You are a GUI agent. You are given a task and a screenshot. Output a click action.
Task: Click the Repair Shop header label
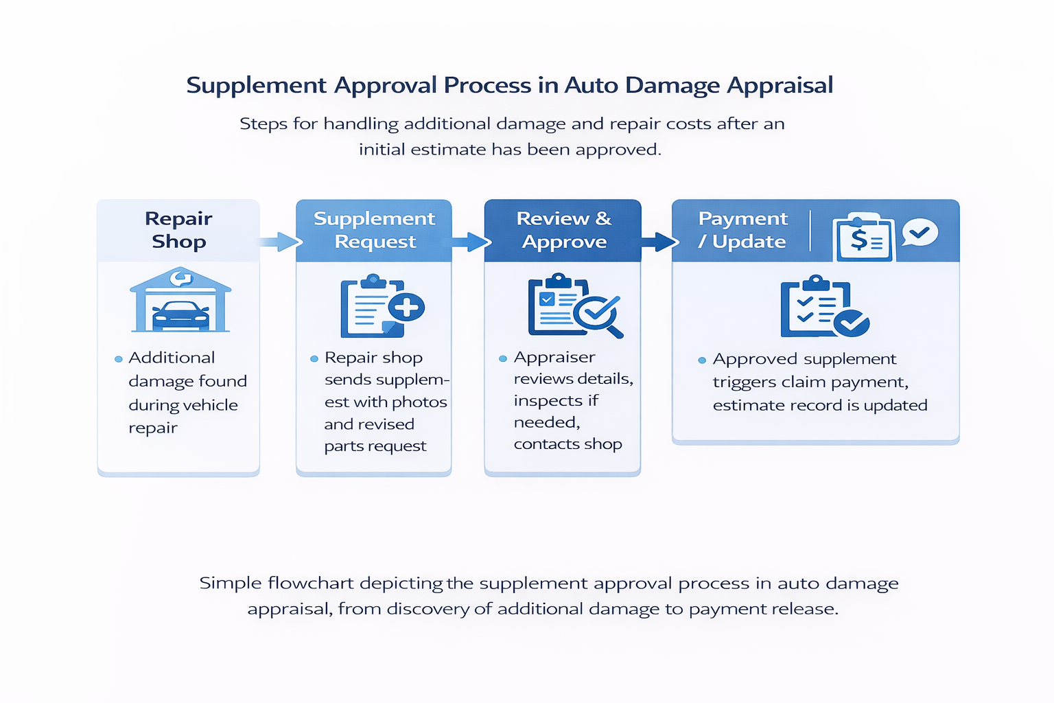click(x=178, y=230)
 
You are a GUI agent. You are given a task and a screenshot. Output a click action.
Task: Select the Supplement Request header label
click(x=374, y=230)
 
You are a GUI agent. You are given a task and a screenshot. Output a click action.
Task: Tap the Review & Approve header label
click(x=563, y=230)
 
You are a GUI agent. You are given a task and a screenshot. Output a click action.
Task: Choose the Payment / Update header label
click(x=742, y=230)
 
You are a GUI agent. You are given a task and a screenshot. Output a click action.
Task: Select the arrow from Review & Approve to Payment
click(x=659, y=242)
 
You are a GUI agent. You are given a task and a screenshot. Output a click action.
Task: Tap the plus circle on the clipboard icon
click(x=407, y=307)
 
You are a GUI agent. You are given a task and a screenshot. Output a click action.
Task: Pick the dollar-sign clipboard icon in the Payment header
click(x=865, y=238)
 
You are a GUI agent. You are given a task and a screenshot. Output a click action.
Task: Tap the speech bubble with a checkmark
click(x=920, y=233)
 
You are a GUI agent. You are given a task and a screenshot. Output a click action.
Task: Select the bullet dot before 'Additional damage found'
click(x=119, y=359)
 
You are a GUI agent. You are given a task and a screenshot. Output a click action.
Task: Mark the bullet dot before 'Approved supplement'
click(x=702, y=360)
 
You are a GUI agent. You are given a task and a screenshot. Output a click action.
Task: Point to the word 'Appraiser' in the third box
click(x=554, y=358)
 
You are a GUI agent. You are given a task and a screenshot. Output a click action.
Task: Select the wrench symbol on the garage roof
click(x=181, y=278)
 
